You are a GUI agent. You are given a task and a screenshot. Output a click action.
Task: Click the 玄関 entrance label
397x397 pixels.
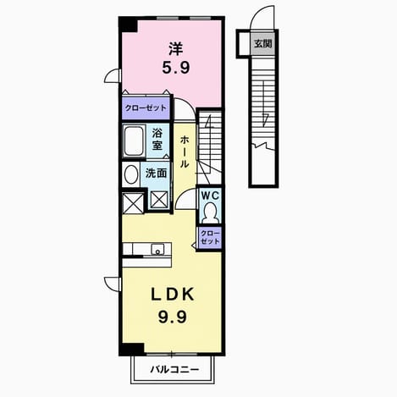pos(262,44)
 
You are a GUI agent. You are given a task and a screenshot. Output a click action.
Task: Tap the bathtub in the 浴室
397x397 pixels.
pos(133,141)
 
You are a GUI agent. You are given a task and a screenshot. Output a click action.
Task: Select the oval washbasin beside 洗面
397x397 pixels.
pos(131,174)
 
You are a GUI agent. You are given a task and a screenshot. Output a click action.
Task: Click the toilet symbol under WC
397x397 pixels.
pos(210,213)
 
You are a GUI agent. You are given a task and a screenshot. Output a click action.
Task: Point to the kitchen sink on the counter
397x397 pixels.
pos(157,250)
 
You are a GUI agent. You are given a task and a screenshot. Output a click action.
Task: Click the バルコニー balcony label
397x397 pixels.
pos(174,369)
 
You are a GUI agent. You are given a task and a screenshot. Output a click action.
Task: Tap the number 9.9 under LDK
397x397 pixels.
pos(173,317)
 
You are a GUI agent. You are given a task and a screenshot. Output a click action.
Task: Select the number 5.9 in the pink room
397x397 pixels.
pos(176,68)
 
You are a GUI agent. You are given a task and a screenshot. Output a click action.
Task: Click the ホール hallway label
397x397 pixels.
pos(185,152)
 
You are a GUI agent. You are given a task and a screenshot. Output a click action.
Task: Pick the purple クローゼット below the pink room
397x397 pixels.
pos(146,108)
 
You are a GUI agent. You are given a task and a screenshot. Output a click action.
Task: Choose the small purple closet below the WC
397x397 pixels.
pos(209,238)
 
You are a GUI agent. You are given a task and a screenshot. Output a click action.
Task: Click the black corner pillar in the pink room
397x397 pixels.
pos(128,25)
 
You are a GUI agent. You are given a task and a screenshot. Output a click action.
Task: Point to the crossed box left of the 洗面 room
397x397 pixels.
pos(134,203)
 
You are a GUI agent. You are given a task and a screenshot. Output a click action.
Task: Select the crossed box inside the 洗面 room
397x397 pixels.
pos(159,200)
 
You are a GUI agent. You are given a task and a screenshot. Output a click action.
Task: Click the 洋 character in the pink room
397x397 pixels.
pos(176,48)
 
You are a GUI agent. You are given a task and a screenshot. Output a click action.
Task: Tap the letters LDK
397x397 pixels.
pos(173,295)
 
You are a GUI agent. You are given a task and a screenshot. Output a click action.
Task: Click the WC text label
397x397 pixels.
pos(210,196)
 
